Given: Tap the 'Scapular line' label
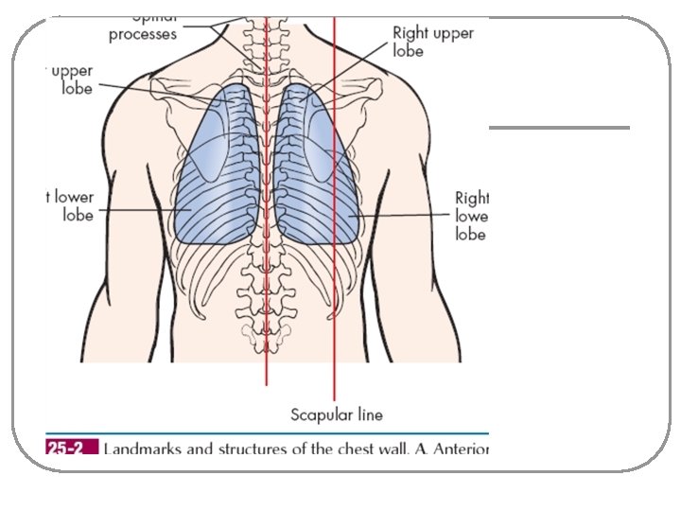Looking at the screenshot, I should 336,414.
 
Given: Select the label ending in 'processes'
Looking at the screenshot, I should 142,35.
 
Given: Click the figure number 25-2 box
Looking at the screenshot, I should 70,449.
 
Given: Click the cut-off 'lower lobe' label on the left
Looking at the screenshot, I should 70,206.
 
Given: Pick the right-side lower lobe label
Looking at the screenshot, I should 471,216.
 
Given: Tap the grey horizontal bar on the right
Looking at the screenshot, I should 558,128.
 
